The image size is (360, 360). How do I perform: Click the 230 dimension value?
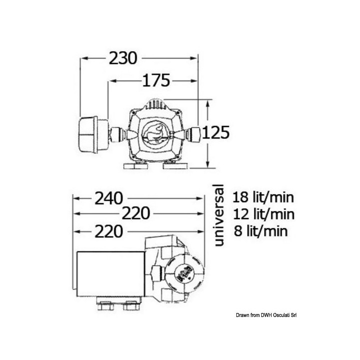123,58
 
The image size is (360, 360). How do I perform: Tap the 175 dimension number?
156,80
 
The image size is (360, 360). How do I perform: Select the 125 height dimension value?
215,132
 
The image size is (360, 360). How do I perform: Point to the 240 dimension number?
109,198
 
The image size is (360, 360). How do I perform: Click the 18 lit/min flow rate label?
263,197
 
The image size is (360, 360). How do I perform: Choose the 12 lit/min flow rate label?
263,214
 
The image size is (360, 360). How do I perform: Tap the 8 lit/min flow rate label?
261,231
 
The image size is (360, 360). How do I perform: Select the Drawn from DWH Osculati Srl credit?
266,315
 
